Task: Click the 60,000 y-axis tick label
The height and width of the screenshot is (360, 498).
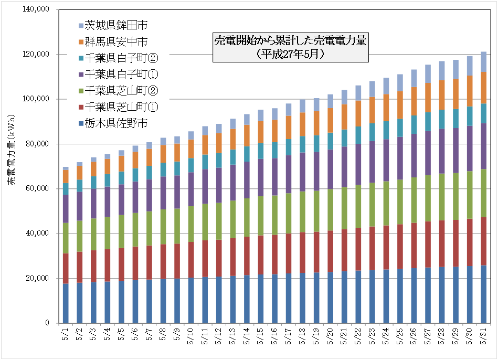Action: click(37, 189)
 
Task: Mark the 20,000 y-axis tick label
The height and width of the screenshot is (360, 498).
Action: click(37, 278)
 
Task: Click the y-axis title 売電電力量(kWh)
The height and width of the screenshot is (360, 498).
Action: click(12, 166)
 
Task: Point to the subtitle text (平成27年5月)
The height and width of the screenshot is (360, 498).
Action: click(291, 54)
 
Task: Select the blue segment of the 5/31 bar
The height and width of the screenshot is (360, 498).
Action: click(483, 294)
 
